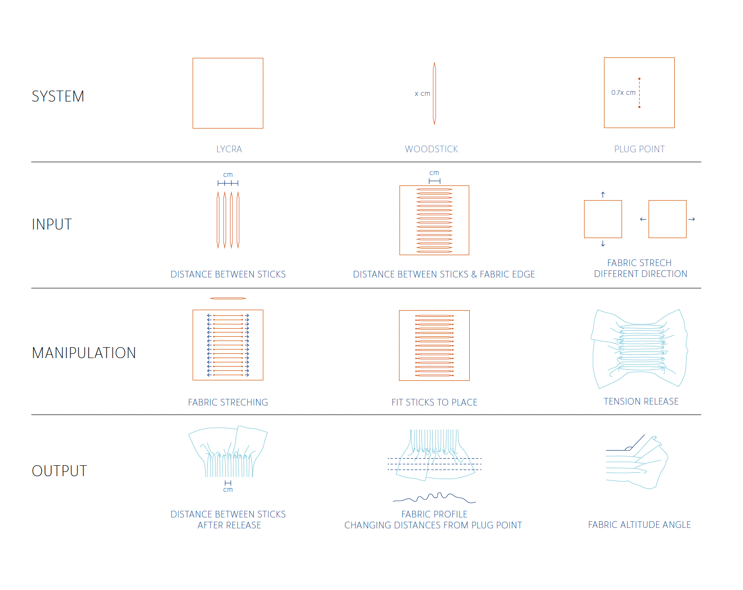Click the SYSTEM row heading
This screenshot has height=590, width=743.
58,96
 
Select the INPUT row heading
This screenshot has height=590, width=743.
52,224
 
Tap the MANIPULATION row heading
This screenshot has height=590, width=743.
84,353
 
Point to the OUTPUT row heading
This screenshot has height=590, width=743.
59,471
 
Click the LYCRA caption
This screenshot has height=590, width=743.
229,149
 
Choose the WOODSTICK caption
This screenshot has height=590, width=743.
431,149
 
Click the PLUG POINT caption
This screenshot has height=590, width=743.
639,149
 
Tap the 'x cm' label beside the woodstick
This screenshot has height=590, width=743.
422,93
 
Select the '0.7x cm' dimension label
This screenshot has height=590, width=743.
623,92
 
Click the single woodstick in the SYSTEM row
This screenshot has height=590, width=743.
434,93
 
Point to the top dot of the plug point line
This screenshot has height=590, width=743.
639,79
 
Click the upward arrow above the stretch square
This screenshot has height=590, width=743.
603,194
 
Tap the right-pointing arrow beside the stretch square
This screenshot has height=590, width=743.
692,219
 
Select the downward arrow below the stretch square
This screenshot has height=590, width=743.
603,244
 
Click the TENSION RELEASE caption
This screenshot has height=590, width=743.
641,401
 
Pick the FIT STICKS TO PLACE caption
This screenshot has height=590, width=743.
434,402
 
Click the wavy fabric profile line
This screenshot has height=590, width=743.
434,497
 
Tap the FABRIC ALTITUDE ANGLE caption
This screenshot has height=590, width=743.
639,525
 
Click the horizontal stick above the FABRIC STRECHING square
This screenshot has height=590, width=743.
228,298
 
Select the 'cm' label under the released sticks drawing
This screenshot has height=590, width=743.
228,490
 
